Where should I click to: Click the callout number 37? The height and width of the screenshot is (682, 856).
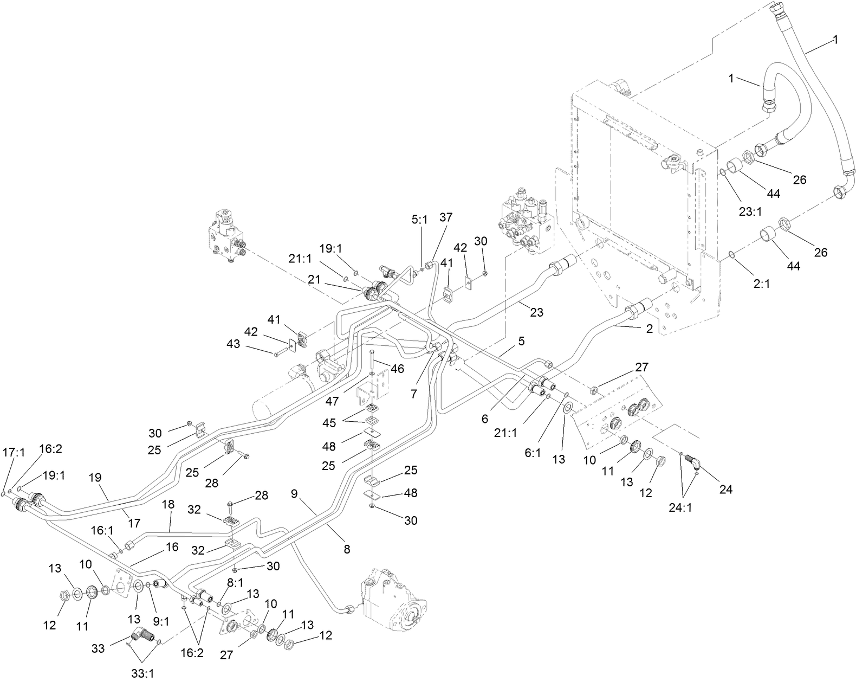point(445,217)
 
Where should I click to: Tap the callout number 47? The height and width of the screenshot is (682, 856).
point(333,401)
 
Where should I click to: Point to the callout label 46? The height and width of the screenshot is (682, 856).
point(397,369)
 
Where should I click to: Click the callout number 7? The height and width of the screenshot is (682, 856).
point(414,394)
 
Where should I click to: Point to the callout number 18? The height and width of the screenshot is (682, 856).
point(168,504)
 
